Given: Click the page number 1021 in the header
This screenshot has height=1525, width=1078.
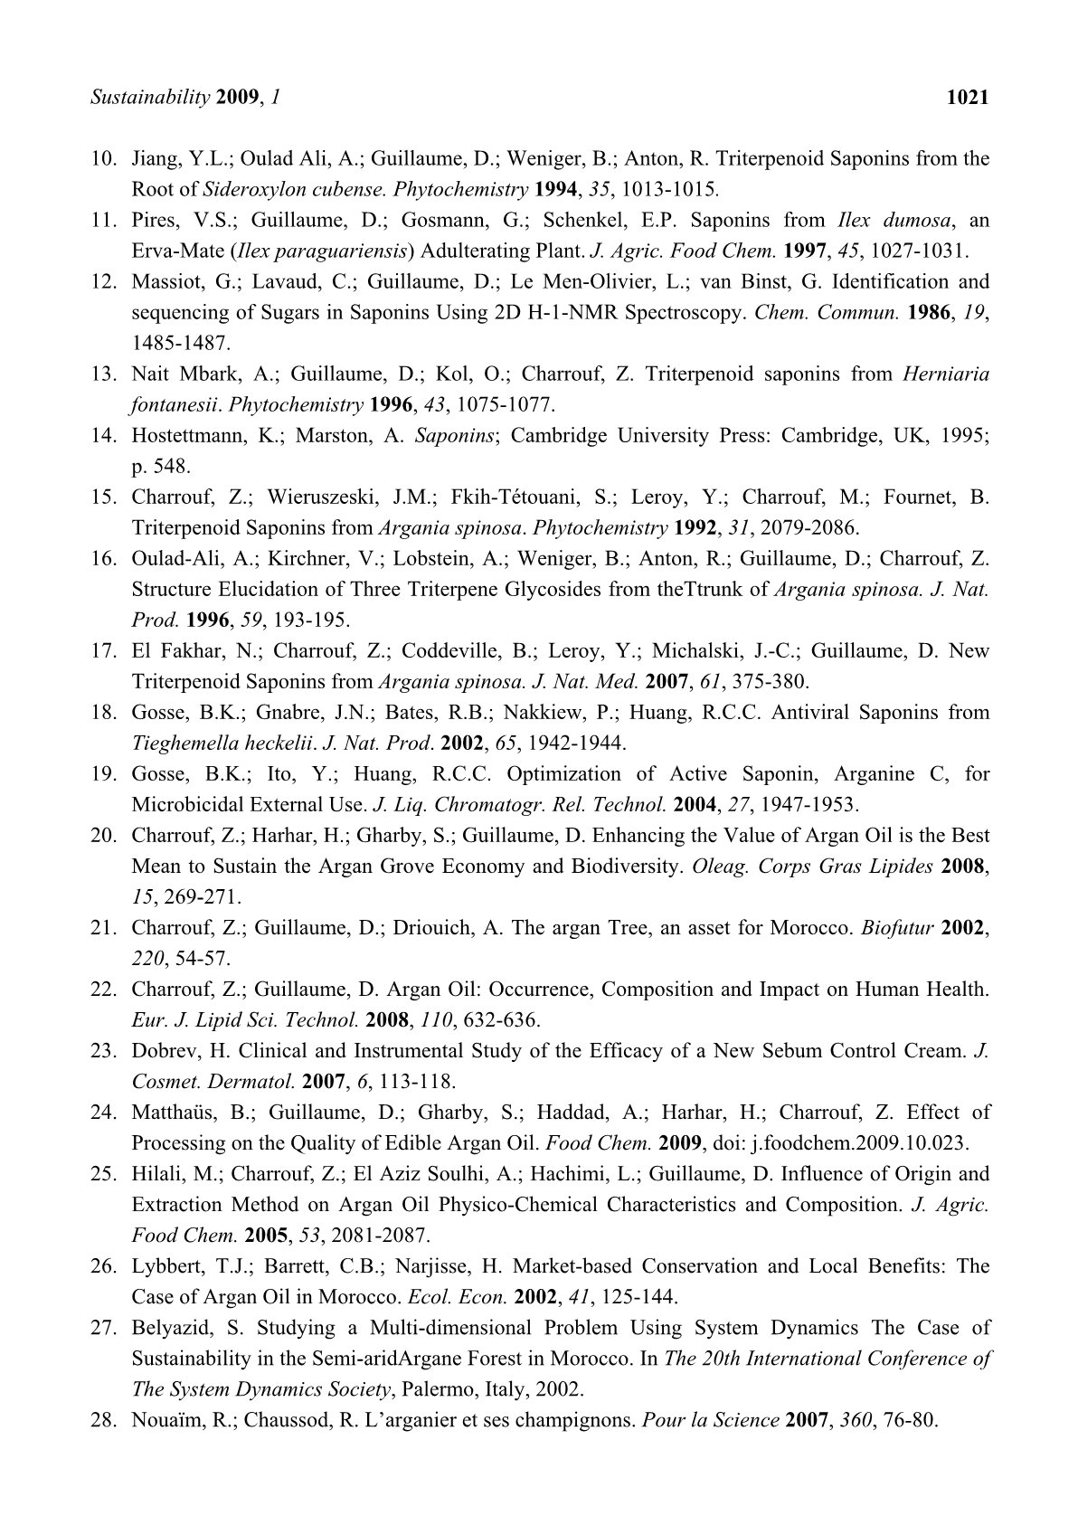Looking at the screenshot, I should tap(967, 97).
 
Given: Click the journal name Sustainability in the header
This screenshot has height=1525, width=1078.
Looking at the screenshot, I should tap(150, 97).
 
